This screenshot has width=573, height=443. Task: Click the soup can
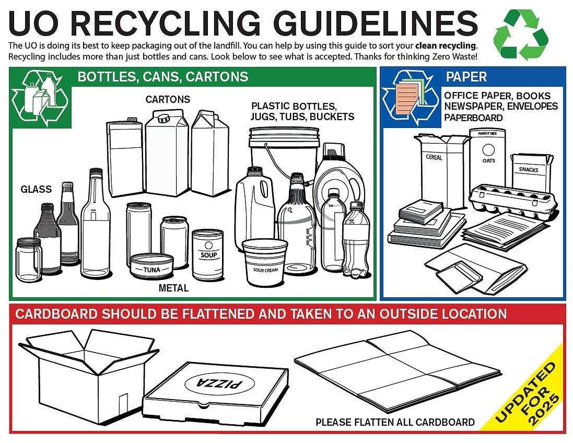pos(207,255)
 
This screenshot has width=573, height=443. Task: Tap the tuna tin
pos(151,266)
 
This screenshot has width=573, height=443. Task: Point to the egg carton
pos(513,200)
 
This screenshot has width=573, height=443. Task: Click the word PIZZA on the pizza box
pos(219,383)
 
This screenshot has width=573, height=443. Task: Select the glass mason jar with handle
pos(29,260)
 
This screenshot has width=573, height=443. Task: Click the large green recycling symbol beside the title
pos(521,34)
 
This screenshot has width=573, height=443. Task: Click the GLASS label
pos(36,189)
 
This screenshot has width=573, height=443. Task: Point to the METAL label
pos(173,288)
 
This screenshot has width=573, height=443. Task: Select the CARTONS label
pos(168,99)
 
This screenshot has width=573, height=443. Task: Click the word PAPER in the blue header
pos(466,77)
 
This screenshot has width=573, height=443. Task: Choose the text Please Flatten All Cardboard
pos(395,422)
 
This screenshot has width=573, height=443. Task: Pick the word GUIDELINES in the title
pos(376,24)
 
